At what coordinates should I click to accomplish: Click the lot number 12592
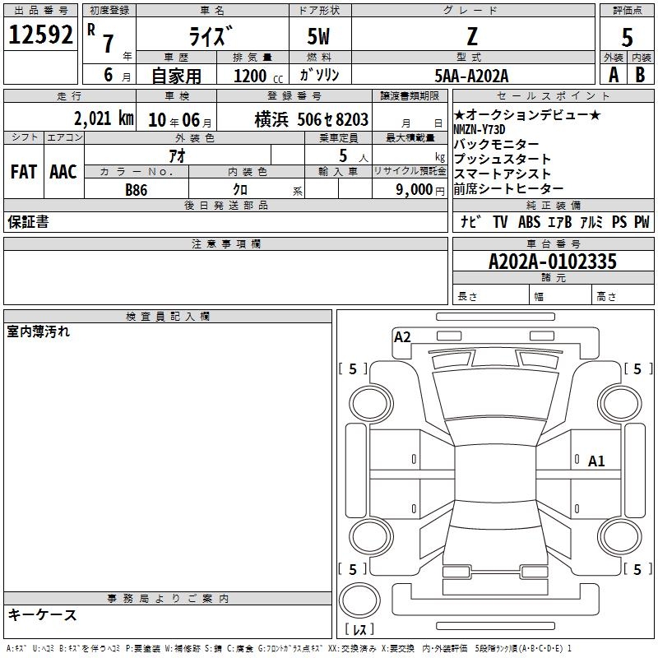coord(40,35)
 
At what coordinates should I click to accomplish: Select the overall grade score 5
coord(627,37)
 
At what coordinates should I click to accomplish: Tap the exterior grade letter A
coord(614,75)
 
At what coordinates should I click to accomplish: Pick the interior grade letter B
coord(640,75)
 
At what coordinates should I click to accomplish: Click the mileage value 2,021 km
coord(104,118)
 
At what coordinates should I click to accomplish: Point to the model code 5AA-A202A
coord(471,76)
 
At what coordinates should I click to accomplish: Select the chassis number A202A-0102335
coord(553,262)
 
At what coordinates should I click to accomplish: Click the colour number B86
coord(137,190)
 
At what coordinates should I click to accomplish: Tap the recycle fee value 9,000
coord(415,190)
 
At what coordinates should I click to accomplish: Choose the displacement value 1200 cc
coord(258,76)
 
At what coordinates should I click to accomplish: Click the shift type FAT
coord(24,172)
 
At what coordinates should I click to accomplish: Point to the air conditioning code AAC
coord(63,172)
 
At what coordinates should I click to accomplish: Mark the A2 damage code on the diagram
coord(402,337)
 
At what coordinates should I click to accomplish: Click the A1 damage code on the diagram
coord(596,461)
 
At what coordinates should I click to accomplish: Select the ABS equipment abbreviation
coord(529,221)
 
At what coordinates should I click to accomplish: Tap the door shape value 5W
coord(318,36)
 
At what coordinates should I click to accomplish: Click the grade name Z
coord(472,36)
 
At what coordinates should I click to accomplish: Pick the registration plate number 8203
coord(352,119)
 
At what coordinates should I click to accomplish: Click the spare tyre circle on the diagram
coord(359,600)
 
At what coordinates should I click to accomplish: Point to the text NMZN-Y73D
coord(480,130)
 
